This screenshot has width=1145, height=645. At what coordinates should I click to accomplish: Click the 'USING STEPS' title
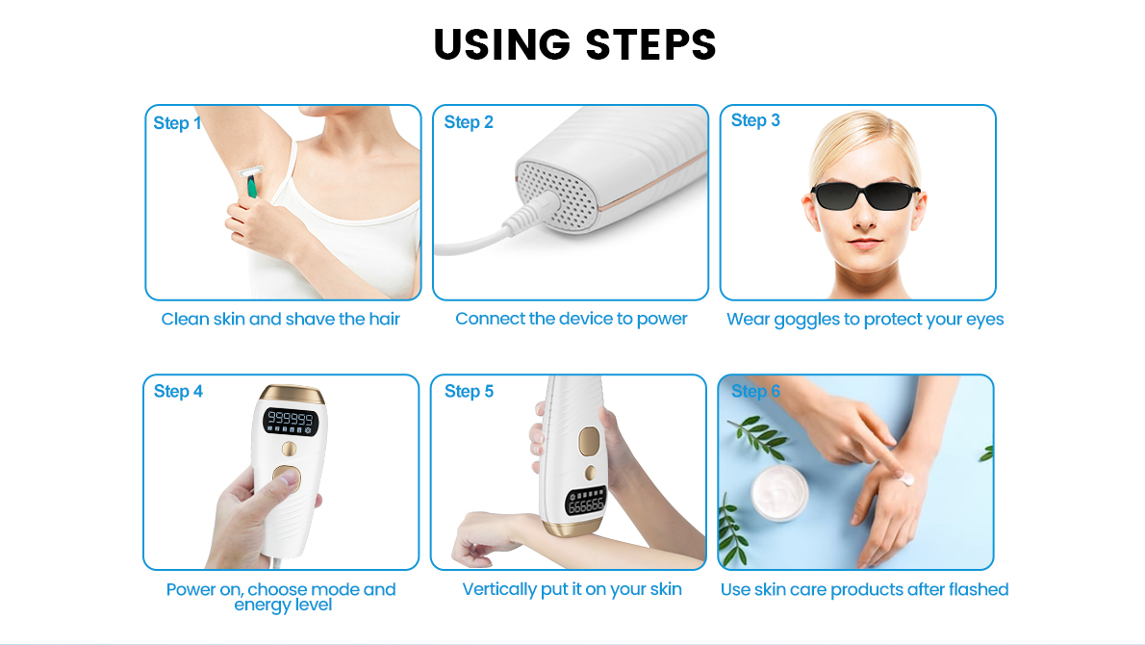coord(574,44)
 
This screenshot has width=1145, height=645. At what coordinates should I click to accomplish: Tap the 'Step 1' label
coord(177,123)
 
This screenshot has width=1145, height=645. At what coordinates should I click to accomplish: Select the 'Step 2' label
coord(469,122)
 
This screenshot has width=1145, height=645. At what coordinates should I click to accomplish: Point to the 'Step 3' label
coord(755,120)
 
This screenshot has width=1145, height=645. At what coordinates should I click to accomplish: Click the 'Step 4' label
coord(178,391)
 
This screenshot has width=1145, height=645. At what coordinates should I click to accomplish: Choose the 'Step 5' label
coord(469,391)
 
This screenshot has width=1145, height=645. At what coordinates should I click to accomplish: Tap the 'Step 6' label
coord(755,391)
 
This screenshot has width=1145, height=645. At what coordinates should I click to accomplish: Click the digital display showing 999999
coord(291,419)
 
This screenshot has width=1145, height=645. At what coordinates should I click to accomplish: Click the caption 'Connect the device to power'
coord(572,319)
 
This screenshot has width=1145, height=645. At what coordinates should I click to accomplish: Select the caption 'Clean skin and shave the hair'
coord(280,319)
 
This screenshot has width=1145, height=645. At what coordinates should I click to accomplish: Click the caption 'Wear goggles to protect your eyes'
coord(865,319)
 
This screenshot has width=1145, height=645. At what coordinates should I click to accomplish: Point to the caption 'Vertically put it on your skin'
coord(572,589)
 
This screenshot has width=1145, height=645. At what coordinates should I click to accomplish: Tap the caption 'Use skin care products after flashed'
coord(864,589)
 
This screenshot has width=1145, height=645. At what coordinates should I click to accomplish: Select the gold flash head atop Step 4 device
coord(291,394)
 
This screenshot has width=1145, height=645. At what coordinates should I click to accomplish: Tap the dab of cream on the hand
coord(904,477)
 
